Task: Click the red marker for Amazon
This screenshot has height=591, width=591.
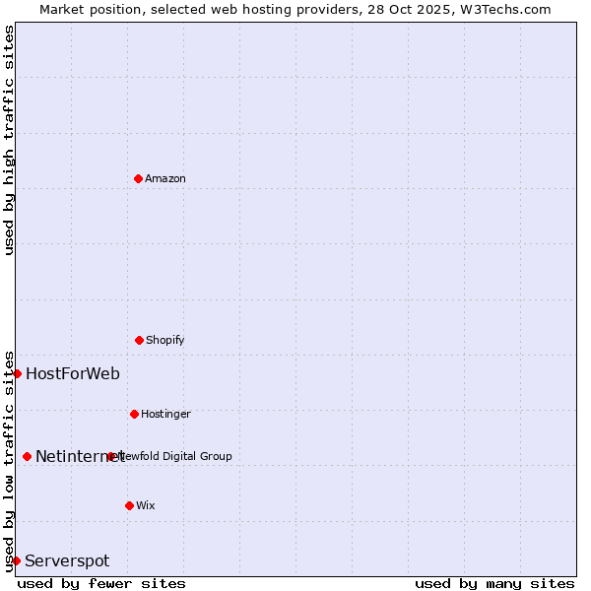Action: (138, 178)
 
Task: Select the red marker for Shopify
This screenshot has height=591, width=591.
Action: (139, 340)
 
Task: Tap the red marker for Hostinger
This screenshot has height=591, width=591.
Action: (134, 414)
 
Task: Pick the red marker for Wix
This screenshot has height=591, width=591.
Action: (129, 505)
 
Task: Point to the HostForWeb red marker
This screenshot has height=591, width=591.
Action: (17, 373)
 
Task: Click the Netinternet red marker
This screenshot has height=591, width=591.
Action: (27, 456)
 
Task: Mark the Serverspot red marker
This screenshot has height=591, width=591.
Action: (16, 560)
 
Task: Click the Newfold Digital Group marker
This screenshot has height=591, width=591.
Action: (110, 456)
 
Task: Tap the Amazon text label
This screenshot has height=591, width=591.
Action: (165, 178)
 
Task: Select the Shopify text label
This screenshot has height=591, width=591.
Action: (165, 340)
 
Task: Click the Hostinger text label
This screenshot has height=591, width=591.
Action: (165, 414)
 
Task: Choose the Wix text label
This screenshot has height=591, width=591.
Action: (146, 505)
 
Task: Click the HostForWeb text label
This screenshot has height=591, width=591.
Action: (73, 373)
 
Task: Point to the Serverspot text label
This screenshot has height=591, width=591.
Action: (67, 560)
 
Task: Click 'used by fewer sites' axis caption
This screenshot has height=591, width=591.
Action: (101, 583)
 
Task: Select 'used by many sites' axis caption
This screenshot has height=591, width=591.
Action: (494, 583)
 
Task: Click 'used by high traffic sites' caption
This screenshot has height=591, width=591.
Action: (9, 140)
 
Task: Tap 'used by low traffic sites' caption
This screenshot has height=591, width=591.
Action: (9, 461)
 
